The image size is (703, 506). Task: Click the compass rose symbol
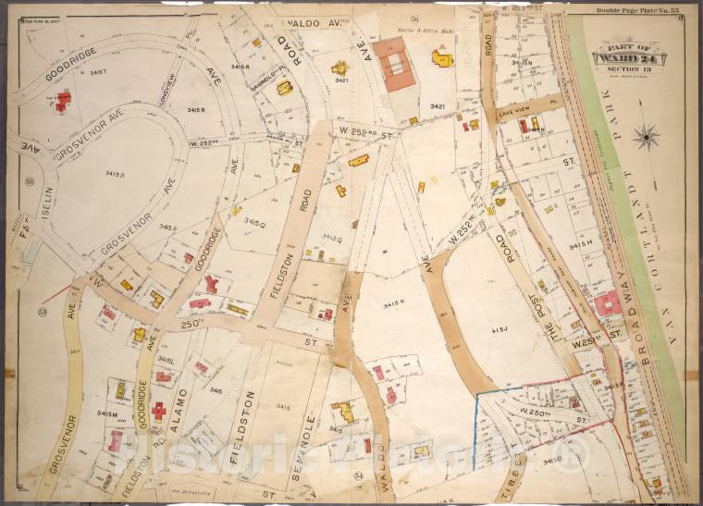[646, 137]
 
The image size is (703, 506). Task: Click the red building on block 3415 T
[63, 99]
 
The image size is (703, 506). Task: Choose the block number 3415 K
[396, 302]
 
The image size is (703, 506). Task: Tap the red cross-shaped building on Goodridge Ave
[159, 411]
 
